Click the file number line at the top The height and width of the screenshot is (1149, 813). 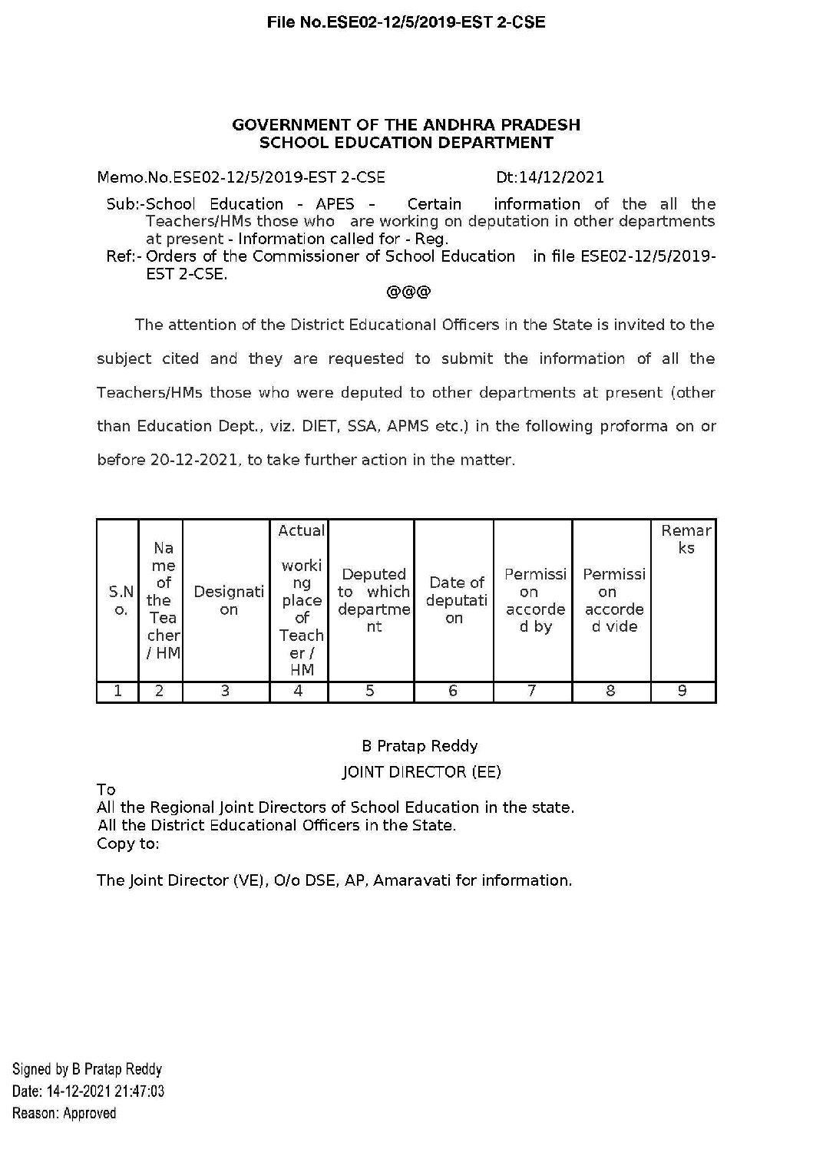(x=406, y=22)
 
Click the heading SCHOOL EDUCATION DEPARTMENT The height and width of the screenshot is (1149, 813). (x=406, y=142)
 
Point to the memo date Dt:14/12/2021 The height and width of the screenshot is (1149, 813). (x=550, y=177)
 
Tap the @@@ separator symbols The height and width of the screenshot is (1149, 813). (x=408, y=292)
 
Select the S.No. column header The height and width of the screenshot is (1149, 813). (x=120, y=600)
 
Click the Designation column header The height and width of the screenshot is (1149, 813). (x=228, y=600)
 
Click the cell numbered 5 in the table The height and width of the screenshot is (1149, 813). (x=370, y=692)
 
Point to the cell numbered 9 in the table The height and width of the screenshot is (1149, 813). (x=682, y=692)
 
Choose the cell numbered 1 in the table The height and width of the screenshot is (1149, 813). (x=118, y=692)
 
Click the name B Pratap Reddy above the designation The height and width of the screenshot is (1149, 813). (x=419, y=746)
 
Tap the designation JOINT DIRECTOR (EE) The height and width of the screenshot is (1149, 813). (x=421, y=772)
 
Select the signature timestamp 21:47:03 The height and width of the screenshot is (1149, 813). (x=139, y=1091)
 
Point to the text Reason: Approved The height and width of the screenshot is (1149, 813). (x=64, y=1113)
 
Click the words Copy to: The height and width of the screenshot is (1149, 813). (x=128, y=844)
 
